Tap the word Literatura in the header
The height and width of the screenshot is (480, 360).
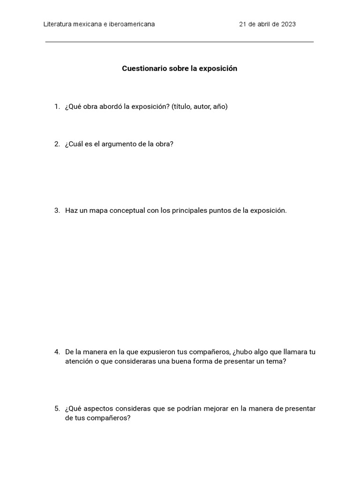pos(58,24)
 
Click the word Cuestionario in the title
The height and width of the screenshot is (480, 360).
pos(142,68)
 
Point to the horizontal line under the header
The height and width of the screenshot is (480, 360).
pos(180,42)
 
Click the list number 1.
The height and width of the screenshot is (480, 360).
pos(56,107)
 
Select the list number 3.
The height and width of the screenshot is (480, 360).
pos(56,210)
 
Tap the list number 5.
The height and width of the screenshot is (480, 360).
pos(56,409)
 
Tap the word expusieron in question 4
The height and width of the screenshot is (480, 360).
pos(158,352)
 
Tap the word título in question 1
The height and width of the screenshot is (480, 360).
pos(181,107)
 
